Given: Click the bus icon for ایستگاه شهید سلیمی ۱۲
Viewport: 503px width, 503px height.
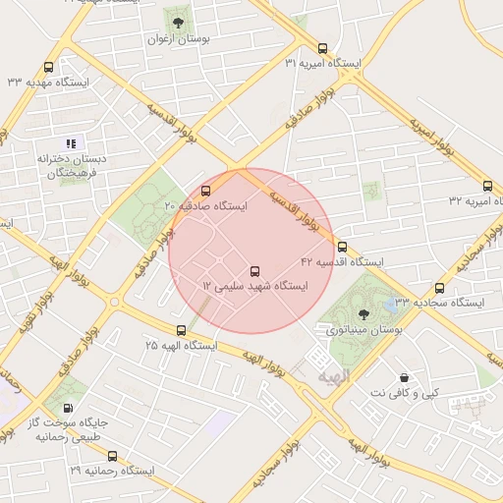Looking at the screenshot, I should pyautogui.click(x=255, y=270).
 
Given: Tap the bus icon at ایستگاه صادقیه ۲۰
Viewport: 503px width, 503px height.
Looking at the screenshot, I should pyautogui.click(x=205, y=191).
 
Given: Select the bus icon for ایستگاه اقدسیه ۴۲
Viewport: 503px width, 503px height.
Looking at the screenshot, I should pyautogui.click(x=342, y=247).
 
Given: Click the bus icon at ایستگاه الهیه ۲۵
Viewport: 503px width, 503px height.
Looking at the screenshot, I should pyautogui.click(x=181, y=331).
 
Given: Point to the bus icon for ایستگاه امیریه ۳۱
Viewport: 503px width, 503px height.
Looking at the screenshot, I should pyautogui.click(x=323, y=48).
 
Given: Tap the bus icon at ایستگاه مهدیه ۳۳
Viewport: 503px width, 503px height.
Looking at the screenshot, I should pyautogui.click(x=49, y=67).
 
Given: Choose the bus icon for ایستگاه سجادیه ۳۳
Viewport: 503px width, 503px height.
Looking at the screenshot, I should pyautogui.click(x=439, y=288).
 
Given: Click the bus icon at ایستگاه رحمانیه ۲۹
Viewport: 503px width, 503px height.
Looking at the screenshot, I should pyautogui.click(x=113, y=456).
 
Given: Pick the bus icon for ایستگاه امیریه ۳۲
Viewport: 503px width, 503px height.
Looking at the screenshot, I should pyautogui.click(x=488, y=186).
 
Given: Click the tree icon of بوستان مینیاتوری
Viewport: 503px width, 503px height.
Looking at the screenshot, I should pyautogui.click(x=364, y=313).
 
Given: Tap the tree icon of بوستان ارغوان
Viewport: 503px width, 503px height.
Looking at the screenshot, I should pyautogui.click(x=178, y=22).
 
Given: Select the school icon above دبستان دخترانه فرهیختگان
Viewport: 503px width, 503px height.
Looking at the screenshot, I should pyautogui.click(x=71, y=143).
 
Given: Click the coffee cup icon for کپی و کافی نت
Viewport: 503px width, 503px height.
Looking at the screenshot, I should pyautogui.click(x=404, y=377).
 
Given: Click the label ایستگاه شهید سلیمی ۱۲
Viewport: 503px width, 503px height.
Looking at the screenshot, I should pyautogui.click(x=254, y=286).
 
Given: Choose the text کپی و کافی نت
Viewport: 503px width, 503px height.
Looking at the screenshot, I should pyautogui.click(x=404, y=393).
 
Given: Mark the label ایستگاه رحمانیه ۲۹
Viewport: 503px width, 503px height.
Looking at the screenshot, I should pyautogui.click(x=112, y=472).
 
